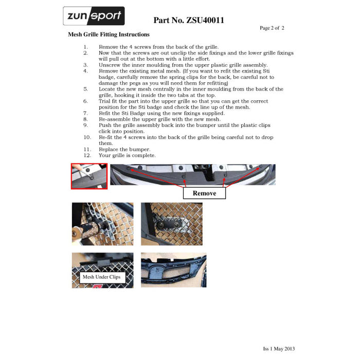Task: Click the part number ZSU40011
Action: [x=188, y=21]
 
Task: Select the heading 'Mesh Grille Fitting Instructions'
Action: [x=109, y=34]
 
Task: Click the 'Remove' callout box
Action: [x=204, y=193]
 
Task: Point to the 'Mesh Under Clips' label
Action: [x=100, y=277]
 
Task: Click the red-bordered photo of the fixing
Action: [x=89, y=176]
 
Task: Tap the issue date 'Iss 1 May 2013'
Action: [x=279, y=348]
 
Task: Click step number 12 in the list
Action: [x=86, y=155]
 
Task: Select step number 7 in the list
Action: [x=86, y=113]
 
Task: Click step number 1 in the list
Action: [x=86, y=47]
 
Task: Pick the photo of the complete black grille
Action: [x=173, y=270]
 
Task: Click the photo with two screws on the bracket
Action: [x=171, y=224]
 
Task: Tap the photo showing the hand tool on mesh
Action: [x=102, y=224]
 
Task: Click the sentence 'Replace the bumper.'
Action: [x=124, y=150]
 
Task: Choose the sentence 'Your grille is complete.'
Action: [x=127, y=155]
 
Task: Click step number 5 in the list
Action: [x=86, y=89]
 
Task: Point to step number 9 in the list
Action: [x=86, y=125]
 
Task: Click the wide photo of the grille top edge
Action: [x=192, y=175]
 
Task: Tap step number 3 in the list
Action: [x=86, y=65]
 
